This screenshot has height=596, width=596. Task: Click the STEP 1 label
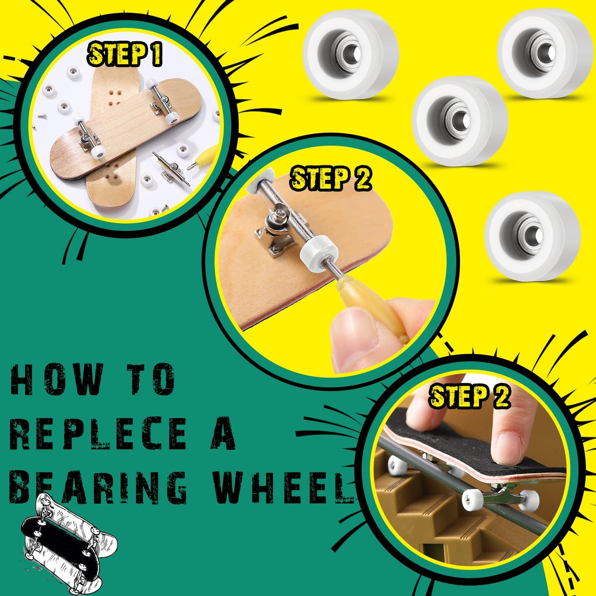click(x=124, y=54)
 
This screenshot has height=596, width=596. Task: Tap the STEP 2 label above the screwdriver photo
click(x=331, y=178)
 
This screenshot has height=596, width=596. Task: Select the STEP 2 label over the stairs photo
click(x=469, y=396)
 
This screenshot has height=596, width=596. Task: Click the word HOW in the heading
click(x=57, y=379)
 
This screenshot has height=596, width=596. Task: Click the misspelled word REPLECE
click(x=98, y=433)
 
